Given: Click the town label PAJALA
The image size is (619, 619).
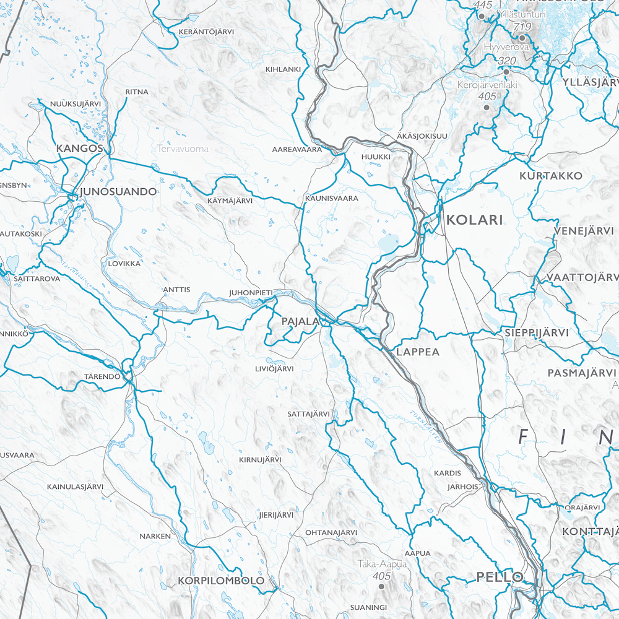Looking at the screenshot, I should (300, 322).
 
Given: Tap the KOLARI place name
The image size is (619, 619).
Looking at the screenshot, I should (475, 220).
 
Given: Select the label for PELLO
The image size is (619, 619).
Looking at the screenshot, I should (500, 577).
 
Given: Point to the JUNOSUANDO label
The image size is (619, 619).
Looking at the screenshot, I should (118, 191).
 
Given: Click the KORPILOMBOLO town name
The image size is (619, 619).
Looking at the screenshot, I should (221, 581).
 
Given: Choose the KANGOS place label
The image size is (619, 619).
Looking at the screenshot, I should (79, 149).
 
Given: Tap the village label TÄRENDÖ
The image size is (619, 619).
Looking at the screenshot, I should (102, 376).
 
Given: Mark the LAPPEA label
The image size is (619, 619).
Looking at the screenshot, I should (418, 352).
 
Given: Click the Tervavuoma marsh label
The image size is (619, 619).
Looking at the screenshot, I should (183, 149).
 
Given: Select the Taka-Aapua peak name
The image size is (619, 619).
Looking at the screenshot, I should (382, 564).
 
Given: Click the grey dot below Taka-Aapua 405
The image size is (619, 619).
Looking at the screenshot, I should (381, 586).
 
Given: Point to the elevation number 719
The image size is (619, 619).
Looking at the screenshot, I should (522, 27).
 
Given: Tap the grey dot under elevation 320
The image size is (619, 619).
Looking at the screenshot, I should (506, 72).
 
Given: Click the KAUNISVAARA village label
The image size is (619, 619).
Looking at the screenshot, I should (331, 199).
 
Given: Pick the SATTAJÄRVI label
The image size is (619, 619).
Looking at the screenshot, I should (308, 413).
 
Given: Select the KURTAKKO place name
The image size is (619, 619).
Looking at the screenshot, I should (551, 176).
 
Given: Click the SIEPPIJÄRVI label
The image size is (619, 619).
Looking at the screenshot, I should (536, 332).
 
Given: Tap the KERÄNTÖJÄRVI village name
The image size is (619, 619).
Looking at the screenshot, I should (204, 31).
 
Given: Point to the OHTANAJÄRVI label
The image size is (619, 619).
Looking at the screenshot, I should (331, 532).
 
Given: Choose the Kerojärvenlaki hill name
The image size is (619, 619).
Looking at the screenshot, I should (487, 85).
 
